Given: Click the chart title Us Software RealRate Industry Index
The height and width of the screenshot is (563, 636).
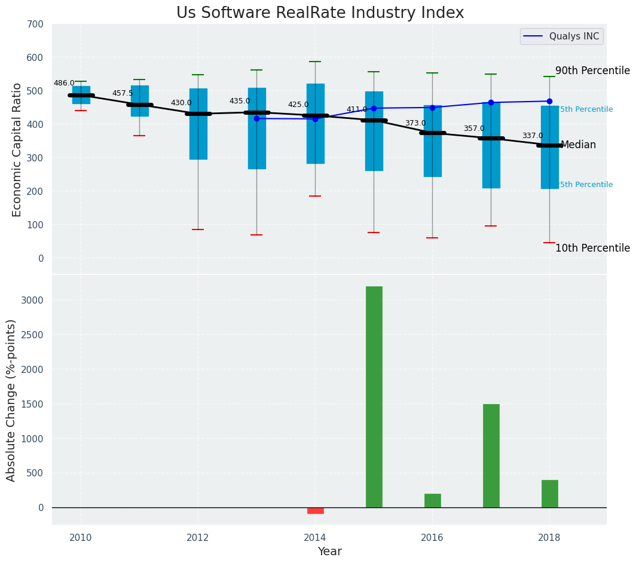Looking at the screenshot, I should point(320,13).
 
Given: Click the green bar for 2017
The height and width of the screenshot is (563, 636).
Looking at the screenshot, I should point(491,455).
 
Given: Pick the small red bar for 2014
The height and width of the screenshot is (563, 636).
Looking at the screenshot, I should point(315,510).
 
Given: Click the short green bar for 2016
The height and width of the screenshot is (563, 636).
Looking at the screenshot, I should point(432,500).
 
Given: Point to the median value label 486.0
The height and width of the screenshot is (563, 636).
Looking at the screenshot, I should point(64,84).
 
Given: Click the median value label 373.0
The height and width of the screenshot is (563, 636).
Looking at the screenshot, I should point(415,124).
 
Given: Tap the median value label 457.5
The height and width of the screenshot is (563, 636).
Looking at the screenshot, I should point(123,94).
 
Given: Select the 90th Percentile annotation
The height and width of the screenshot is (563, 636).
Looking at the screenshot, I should point(592,71).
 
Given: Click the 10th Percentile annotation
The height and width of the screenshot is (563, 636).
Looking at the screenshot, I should point(592,249).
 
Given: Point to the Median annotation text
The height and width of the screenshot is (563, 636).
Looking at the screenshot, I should point(578,145).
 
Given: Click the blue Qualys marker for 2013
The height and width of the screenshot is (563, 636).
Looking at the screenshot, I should point(256,118).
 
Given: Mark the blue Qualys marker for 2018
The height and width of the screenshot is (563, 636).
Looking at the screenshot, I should point(549,101).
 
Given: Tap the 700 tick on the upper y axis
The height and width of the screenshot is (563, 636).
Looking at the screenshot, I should point(35,25).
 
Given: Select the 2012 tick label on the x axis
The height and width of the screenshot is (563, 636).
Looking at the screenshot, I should point(197,537).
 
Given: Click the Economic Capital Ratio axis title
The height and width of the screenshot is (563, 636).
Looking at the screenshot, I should point(17,149).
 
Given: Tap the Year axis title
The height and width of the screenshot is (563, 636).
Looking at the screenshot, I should point(329,552).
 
